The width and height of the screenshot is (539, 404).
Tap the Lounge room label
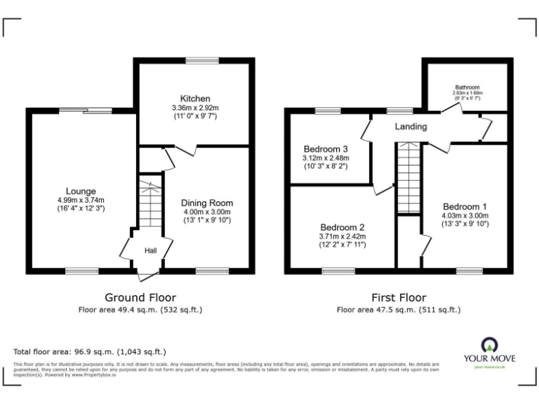click(81, 191)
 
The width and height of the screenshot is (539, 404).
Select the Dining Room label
click(207, 203)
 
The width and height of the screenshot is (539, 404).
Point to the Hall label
click(150, 250)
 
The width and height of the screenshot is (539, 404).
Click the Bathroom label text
click(467, 88)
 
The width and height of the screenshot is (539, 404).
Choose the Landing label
click(411, 127)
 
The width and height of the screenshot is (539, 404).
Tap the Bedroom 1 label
click(465, 206)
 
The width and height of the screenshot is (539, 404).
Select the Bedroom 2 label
click(342, 227)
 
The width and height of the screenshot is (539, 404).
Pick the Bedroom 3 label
click(326, 149)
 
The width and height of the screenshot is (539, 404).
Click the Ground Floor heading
click(140, 297)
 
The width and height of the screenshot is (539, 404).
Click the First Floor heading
click(399, 297)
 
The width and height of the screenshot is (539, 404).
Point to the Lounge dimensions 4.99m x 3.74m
click(81, 200)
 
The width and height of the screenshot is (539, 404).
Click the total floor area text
click(89, 351)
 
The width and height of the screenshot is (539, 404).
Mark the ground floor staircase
click(149, 203)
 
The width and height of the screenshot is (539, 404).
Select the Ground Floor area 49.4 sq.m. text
click(140, 309)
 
